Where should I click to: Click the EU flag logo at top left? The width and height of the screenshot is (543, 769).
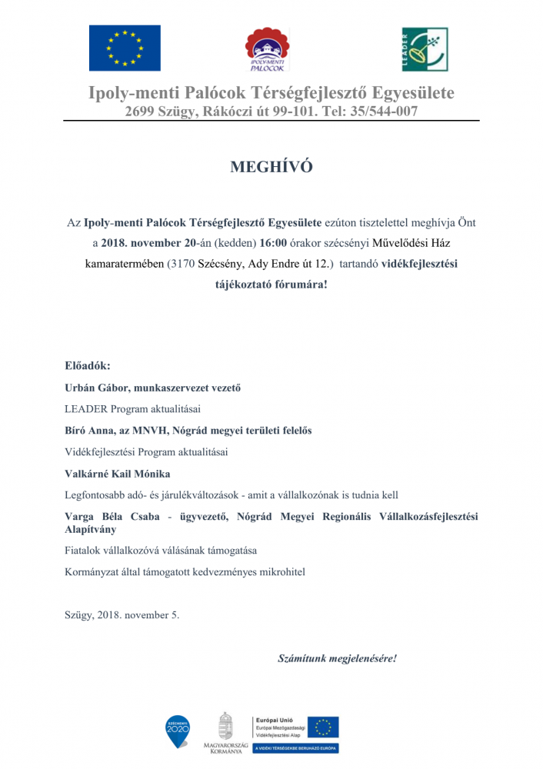[125, 48]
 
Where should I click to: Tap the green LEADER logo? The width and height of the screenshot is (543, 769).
[425, 49]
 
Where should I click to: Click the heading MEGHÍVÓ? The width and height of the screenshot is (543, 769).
[271, 167]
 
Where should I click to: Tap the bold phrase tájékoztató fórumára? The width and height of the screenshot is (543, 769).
[271, 284]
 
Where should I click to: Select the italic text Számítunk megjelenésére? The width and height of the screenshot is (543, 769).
[337, 659]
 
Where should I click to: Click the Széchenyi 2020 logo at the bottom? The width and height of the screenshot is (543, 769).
[178, 731]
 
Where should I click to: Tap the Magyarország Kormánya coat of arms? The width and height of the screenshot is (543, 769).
[225, 727]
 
